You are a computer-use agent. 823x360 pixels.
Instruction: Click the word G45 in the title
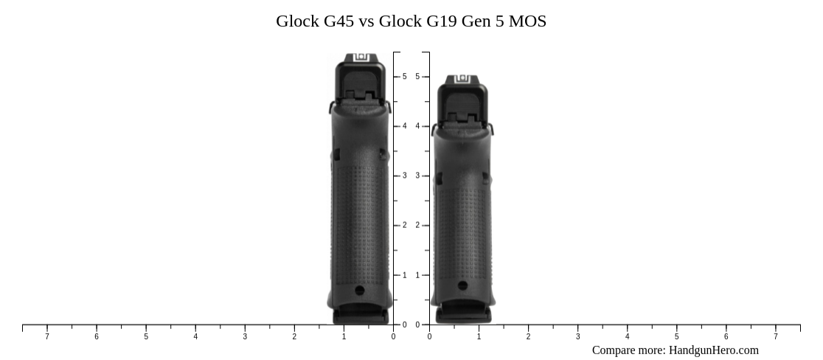[338, 21]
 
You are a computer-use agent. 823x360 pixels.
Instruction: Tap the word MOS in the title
[528, 21]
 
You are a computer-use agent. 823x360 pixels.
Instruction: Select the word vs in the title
[366, 21]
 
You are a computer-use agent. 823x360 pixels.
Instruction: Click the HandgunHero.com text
[713, 350]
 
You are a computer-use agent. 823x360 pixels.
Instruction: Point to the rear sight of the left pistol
[361, 58]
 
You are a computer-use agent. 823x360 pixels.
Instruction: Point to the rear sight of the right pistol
[462, 78]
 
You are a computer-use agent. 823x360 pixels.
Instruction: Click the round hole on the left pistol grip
[360, 291]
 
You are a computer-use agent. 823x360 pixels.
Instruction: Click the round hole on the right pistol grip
[462, 285]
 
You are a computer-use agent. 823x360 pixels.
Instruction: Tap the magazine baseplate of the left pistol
[361, 316]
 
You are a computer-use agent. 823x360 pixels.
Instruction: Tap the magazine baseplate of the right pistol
[463, 315]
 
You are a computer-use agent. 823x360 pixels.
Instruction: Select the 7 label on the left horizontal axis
[47, 337]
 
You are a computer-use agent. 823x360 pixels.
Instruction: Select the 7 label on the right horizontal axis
[775, 337]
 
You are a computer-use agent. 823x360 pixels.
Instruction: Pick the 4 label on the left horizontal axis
[195, 337]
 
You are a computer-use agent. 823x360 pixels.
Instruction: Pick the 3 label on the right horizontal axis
[577, 337]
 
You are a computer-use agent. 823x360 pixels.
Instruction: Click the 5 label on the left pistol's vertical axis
[404, 77]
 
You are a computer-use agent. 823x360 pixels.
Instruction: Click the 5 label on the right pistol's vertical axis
[417, 77]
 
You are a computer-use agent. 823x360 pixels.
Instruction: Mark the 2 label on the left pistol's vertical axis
[404, 226]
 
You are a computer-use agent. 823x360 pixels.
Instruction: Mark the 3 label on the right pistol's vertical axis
[417, 176]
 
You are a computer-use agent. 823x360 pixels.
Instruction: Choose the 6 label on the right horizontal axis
[726, 337]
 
